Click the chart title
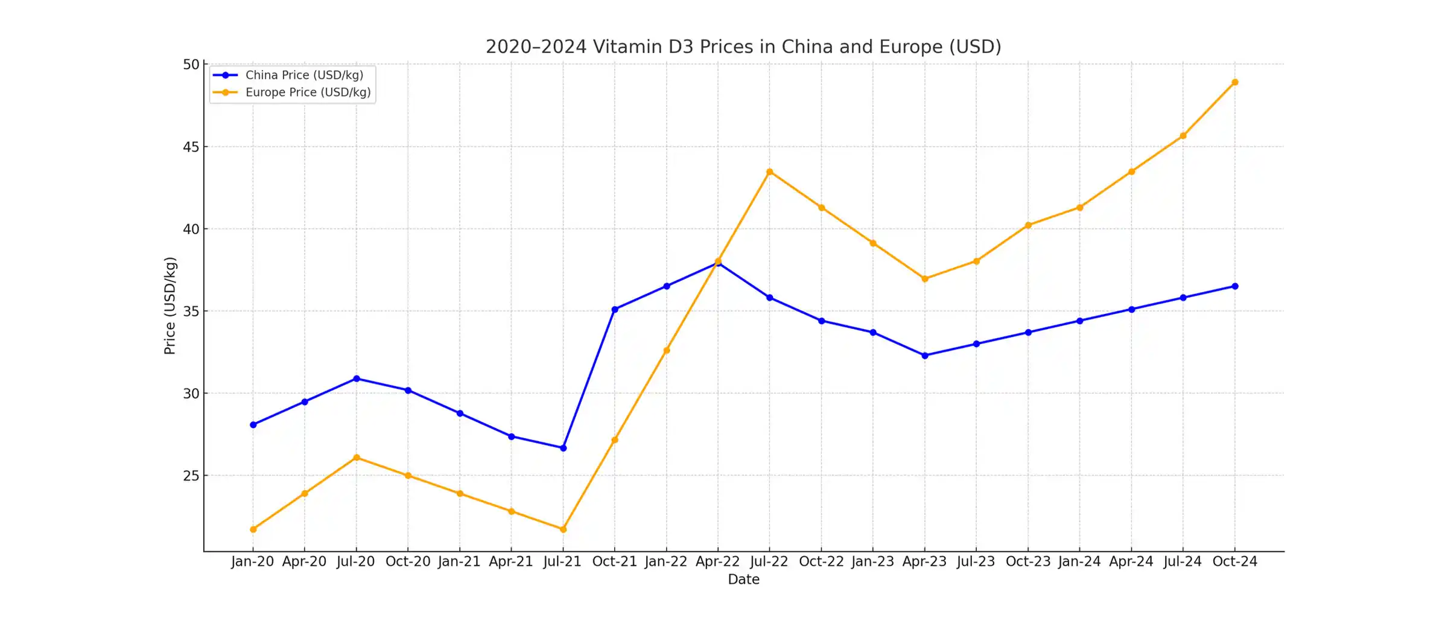pyautogui.click(x=743, y=46)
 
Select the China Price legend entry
pyautogui.click(x=303, y=75)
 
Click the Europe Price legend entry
pyautogui.click(x=307, y=92)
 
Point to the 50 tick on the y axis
pyautogui.click(x=191, y=65)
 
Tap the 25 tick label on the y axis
pyautogui.click(x=191, y=476)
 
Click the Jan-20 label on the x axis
pyautogui.click(x=252, y=561)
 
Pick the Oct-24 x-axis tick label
pyautogui.click(x=1234, y=561)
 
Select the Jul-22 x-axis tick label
pyautogui.click(x=769, y=561)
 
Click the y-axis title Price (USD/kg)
pyautogui.click(x=170, y=305)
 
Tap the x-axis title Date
pyautogui.click(x=743, y=580)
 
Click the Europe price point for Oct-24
pyautogui.click(x=1235, y=82)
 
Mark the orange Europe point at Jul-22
pyautogui.click(x=770, y=172)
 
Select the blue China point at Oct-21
pyautogui.click(x=615, y=310)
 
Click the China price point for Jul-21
pyautogui.click(x=564, y=448)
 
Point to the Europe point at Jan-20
pyautogui.click(x=253, y=529)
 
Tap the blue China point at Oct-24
pyautogui.click(x=1235, y=286)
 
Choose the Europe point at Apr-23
pyautogui.click(x=925, y=279)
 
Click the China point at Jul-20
pyautogui.click(x=357, y=378)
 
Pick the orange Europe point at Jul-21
pyautogui.click(x=564, y=529)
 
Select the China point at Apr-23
pyautogui.click(x=925, y=356)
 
